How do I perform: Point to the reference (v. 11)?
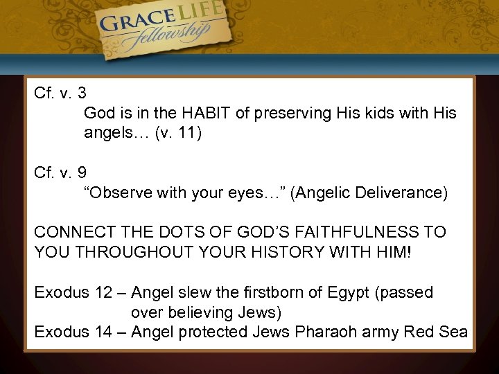pos(179,132)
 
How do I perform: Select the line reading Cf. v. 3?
pos(60,92)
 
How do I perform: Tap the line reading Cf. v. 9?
pos(60,172)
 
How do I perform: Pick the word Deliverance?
pos(401,193)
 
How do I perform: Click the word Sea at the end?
pos(453,332)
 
